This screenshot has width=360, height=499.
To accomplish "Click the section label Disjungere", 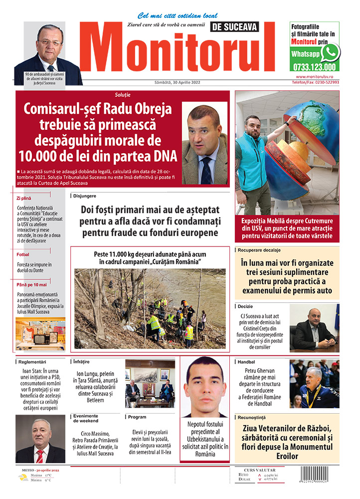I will (85, 196).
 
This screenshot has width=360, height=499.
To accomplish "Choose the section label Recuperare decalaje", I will (259, 249).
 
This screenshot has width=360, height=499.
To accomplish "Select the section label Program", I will (137, 417).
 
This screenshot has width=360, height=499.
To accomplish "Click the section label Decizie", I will (246, 305).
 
